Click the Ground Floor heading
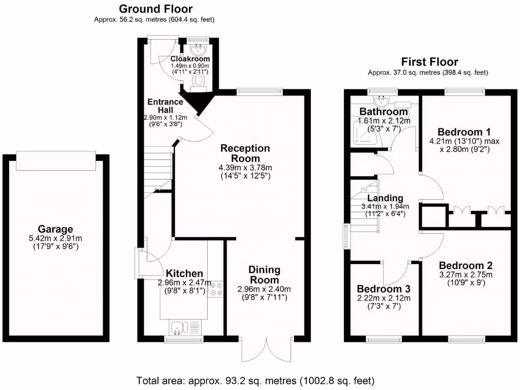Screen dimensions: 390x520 [x=155, y=9]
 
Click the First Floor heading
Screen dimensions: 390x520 [x=430, y=62]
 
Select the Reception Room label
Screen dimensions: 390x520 [x=245, y=153]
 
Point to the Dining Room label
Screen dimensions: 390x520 [x=265, y=275]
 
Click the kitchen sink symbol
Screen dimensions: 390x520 [x=180, y=328]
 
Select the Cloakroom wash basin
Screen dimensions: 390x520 [x=198, y=49]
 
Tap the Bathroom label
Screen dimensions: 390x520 [x=384, y=111]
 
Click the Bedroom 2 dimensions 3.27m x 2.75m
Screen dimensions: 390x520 [x=466, y=275]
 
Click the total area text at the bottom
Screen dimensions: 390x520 [x=255, y=380]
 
